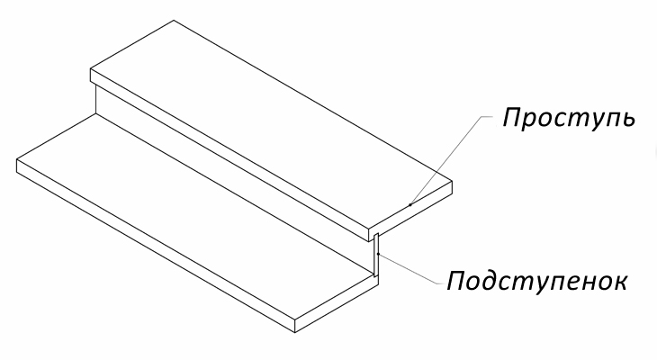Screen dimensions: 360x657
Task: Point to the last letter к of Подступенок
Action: (x=617, y=282)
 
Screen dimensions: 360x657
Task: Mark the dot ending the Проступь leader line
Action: (x=410, y=205)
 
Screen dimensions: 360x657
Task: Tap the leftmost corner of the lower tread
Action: (x=17, y=160)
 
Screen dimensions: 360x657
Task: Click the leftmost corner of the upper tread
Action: (x=91, y=70)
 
